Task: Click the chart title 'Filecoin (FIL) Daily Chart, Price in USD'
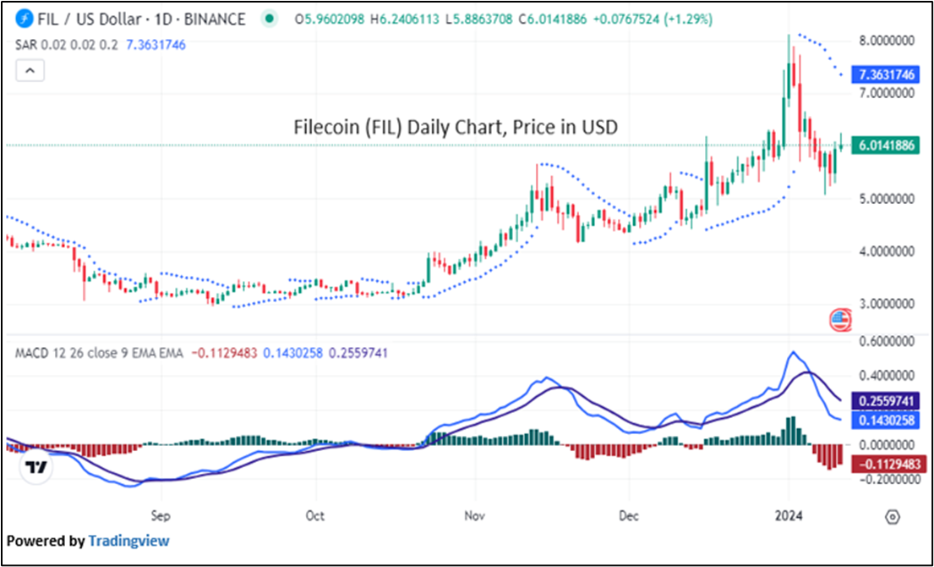point(456,128)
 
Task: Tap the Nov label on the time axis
point(473,515)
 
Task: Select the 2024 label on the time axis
point(789,515)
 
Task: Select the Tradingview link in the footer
point(128,541)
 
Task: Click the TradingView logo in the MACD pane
point(36,467)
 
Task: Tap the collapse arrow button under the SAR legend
point(30,71)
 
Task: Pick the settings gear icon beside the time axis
point(891,516)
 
